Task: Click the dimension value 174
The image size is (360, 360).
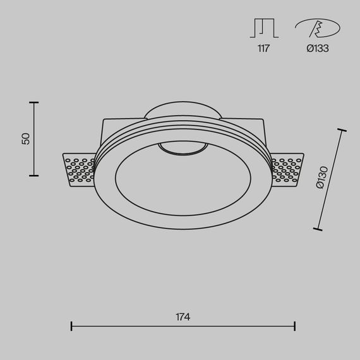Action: (183, 316)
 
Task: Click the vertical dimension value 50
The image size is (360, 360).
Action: (26, 138)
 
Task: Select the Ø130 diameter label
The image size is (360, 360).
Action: (321, 179)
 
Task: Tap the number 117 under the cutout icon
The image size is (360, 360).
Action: (263, 49)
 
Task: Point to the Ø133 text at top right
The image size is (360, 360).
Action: (317, 49)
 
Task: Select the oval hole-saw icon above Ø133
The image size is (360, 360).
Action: (316, 28)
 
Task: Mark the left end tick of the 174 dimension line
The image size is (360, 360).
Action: (71, 327)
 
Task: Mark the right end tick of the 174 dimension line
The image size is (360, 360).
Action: (295, 327)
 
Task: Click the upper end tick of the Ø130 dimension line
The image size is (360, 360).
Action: (343, 131)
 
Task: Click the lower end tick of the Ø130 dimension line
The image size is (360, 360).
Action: (317, 229)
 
